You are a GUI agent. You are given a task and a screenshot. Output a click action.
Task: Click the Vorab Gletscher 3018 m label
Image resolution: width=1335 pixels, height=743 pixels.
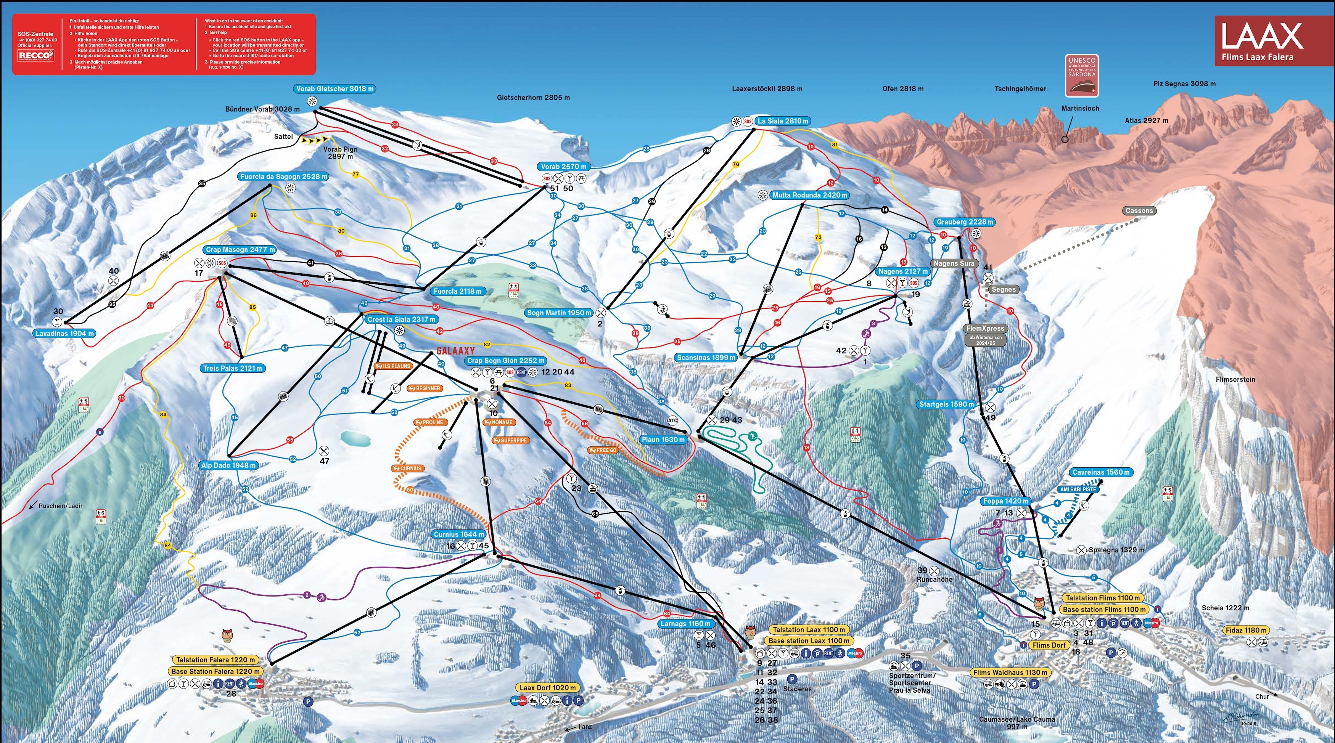click(335, 88)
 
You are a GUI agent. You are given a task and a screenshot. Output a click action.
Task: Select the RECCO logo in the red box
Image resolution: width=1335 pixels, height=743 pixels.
click(35, 55)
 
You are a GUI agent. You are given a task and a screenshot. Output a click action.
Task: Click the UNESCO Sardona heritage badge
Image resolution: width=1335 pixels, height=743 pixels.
click(1082, 75)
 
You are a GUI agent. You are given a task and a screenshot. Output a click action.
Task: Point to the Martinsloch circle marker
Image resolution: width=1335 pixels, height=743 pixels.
click(1065, 139)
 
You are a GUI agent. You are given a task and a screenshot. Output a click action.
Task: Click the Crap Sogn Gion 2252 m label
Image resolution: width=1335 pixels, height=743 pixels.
click(505, 361)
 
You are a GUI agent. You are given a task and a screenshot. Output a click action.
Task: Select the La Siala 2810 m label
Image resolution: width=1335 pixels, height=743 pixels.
click(783, 121)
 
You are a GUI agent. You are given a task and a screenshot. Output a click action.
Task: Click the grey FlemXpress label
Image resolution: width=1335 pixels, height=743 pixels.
click(985, 329)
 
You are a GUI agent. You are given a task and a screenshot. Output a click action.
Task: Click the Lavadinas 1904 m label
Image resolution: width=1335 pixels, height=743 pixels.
click(65, 334)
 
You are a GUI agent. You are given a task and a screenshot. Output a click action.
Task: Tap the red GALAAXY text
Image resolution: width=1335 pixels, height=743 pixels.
click(455, 351)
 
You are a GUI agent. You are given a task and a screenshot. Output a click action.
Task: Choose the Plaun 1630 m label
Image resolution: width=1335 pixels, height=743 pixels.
click(663, 440)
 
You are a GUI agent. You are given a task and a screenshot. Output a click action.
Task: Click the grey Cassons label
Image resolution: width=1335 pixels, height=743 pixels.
click(1139, 211)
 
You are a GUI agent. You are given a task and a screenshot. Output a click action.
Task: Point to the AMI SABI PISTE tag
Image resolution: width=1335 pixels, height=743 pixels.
click(1078, 489)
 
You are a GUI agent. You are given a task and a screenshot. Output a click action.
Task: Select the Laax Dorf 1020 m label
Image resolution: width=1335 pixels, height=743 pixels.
click(547, 688)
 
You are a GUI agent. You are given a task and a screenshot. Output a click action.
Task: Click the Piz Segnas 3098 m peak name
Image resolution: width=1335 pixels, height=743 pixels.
click(1184, 83)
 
